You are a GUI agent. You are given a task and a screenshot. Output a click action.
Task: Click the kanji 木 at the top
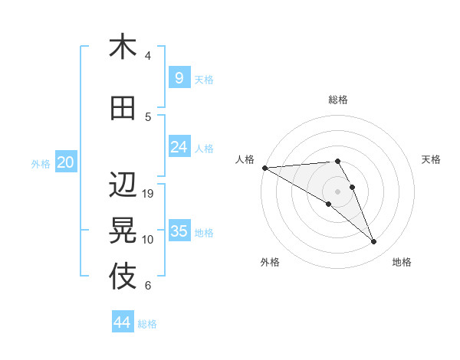pyautogui.click(x=123, y=47)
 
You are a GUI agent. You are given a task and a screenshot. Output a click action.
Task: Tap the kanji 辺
pyautogui.click(x=123, y=185)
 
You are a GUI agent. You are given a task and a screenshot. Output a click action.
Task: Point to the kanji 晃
pyautogui.click(x=123, y=230)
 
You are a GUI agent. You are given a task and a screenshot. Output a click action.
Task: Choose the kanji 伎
pyautogui.click(x=123, y=277)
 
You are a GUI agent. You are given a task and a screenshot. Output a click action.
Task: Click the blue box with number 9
pyautogui.click(x=179, y=78)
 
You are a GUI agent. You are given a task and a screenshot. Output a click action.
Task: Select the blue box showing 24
pyautogui.click(x=179, y=147)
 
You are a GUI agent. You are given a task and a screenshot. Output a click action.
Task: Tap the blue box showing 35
pyautogui.click(x=179, y=231)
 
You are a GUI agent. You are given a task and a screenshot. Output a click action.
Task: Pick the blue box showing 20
pyautogui.click(x=65, y=162)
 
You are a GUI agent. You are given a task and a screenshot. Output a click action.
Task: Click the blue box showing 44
pyautogui.click(x=123, y=322)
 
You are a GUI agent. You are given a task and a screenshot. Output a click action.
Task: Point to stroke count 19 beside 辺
pyautogui.click(x=149, y=194)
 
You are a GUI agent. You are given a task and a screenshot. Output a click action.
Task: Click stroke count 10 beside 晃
pyautogui.click(x=149, y=240)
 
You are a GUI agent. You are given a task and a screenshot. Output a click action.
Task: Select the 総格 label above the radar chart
pyautogui.click(x=338, y=100)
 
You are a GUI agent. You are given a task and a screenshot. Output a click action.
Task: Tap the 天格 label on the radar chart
pyautogui.click(x=432, y=159)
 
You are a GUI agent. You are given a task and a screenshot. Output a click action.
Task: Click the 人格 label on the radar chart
pyautogui.click(x=245, y=159)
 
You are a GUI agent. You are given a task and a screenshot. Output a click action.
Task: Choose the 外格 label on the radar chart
pyautogui.click(x=270, y=262)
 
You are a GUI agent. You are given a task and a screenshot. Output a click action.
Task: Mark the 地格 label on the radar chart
pyautogui.click(x=402, y=262)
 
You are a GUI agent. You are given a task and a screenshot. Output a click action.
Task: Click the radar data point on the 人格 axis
pyautogui.click(x=264, y=167)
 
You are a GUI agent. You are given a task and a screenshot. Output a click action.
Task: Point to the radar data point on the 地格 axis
pyautogui.click(x=374, y=242)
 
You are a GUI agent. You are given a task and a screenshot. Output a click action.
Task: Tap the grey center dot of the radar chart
pyautogui.click(x=338, y=191)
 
